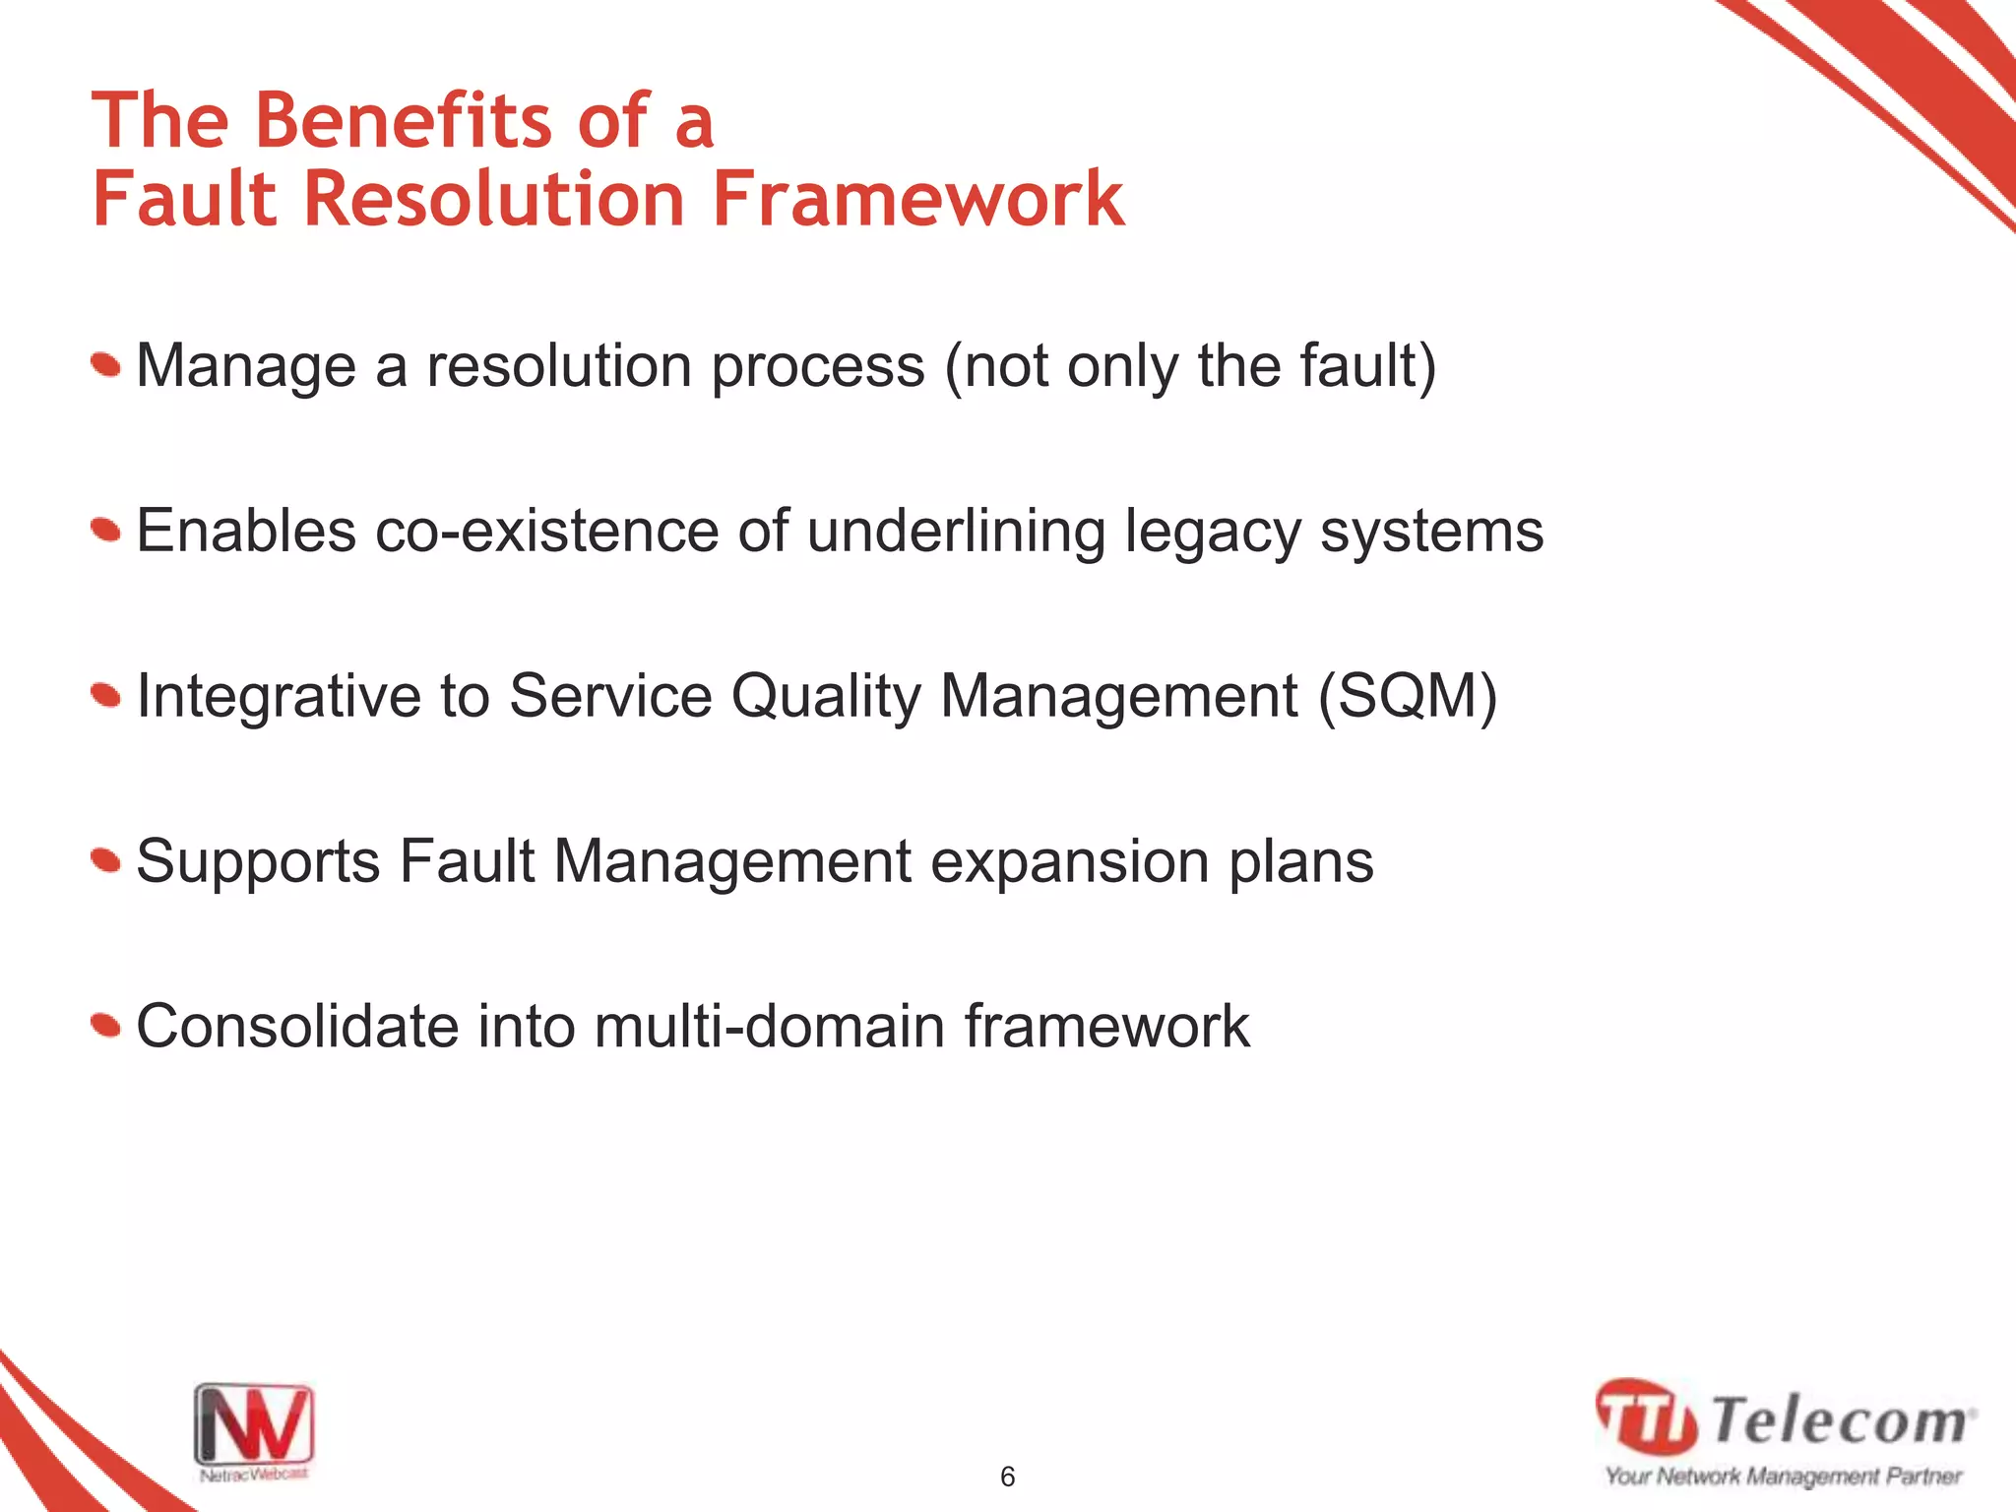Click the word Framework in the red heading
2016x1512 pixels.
917,199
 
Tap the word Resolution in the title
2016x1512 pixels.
494,199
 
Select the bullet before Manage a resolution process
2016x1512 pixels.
106,366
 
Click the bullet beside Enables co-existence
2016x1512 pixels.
106,532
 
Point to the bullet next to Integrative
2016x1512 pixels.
106,697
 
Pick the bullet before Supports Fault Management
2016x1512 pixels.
106,862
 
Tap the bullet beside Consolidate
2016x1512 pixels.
106,1027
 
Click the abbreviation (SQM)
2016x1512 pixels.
1408,697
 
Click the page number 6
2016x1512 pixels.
1007,1477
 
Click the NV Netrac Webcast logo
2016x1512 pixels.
254,1430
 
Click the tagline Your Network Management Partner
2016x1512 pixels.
1784,1477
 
